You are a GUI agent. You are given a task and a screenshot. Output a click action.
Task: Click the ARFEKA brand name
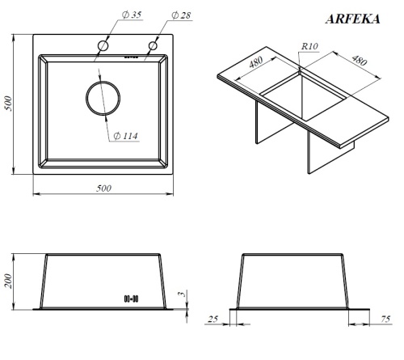pyautogui.click(x=352, y=19)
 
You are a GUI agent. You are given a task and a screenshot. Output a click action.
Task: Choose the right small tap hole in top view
pyautogui.click(x=151, y=46)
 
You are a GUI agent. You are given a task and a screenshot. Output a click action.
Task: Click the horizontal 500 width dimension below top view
pyautogui.click(x=103, y=188)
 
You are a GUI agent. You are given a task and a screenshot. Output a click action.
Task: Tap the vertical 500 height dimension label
pyautogui.click(x=9, y=104)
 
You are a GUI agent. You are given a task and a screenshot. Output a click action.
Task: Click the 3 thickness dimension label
pyautogui.click(x=183, y=297)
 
